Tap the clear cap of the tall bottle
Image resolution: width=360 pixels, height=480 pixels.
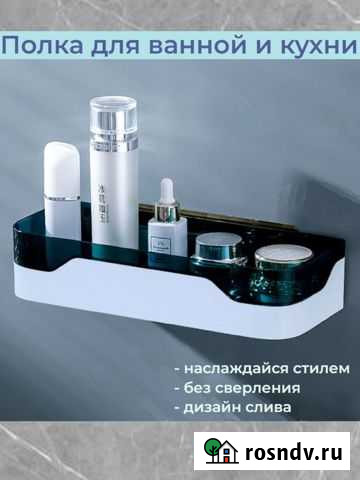pyautogui.click(x=112, y=119)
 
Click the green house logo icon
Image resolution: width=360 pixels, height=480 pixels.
pyautogui.click(x=221, y=451)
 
